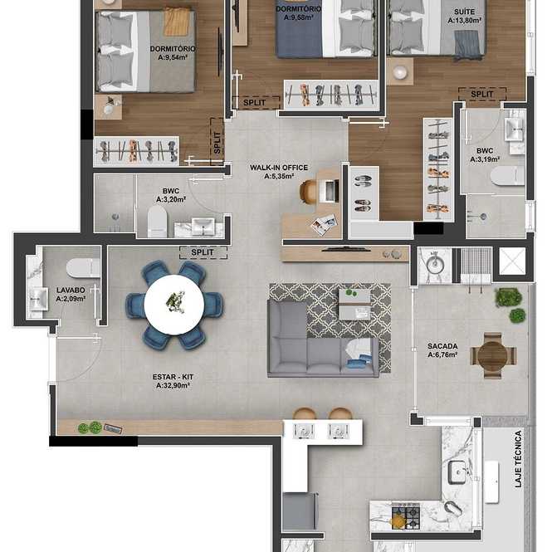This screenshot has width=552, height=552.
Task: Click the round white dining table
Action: pos(174,305)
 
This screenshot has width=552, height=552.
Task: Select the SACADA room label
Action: pos(442,346)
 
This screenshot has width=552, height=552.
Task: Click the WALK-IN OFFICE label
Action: pos(279,168)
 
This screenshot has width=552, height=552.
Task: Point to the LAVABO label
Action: pos(71,290)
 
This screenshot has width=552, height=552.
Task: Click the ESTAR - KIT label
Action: pos(173,377)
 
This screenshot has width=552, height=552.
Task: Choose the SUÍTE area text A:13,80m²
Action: pos(464,21)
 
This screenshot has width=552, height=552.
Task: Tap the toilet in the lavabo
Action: pos(83,268)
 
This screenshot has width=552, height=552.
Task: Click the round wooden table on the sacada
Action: pos(491,355)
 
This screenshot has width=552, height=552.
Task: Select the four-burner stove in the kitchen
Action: pos(406,515)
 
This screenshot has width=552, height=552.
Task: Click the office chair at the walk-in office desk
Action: pos(308,191)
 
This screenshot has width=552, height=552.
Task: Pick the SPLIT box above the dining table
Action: pos(203,252)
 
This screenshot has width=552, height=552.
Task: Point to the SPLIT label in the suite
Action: pos(482,94)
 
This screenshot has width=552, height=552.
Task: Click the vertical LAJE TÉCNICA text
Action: pos(518,459)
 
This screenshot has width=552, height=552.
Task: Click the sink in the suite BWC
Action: pos(515,129)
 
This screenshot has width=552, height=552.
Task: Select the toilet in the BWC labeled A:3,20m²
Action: pos(157,222)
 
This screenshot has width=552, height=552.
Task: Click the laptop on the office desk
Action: pos(330,191)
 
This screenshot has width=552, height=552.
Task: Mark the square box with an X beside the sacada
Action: pos(512,261)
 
